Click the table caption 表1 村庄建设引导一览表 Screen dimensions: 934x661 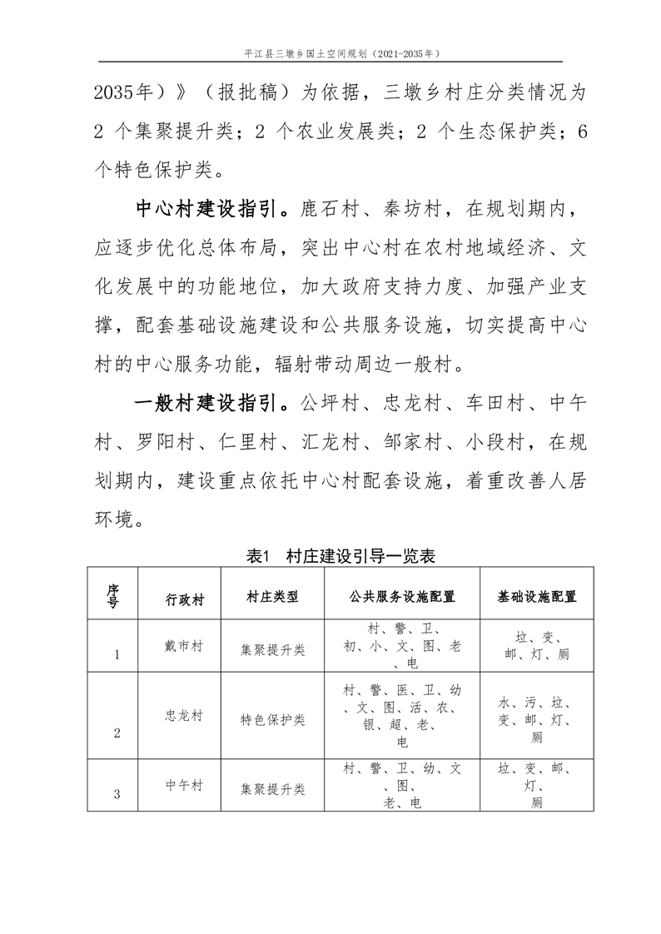point(330,556)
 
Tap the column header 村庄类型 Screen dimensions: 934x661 point(272,598)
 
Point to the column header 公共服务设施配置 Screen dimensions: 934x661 point(401,598)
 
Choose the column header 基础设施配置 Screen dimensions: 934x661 point(537,598)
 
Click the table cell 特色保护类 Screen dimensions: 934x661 point(272,718)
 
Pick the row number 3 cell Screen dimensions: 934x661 point(117,794)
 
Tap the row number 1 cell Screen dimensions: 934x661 point(117,654)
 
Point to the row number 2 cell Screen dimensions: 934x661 point(117,733)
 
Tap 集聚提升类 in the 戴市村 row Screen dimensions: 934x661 point(272,649)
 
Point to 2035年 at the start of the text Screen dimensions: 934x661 point(124,92)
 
